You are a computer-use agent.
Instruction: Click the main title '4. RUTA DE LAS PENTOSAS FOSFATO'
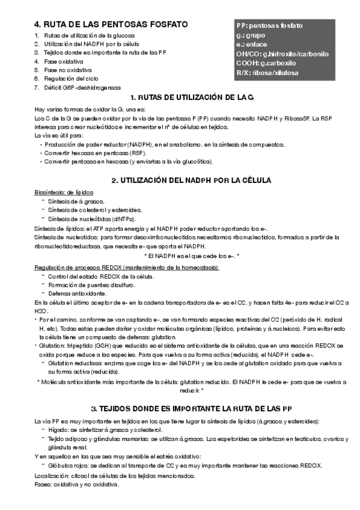[x=111, y=25]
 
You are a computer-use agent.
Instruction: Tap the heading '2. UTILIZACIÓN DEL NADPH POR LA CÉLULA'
[x=192, y=180]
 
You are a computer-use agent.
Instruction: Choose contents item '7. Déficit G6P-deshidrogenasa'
[x=78, y=87]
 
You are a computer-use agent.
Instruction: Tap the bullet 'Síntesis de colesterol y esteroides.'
[x=87, y=210]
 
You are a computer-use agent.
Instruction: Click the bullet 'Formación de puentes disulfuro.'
[x=85, y=284]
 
